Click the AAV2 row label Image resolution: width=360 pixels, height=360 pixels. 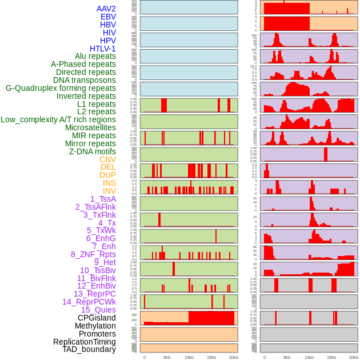point(106,9)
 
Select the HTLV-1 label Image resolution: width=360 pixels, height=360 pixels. point(103,49)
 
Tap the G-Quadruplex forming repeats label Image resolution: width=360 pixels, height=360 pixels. point(61,88)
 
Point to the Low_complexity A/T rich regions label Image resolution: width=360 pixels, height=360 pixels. point(58,119)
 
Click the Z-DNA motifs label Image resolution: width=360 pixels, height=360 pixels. point(93,151)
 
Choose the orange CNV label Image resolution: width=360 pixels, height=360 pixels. point(107,159)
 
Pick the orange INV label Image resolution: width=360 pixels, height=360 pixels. point(109,191)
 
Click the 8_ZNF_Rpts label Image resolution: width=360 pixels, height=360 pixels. point(93,254)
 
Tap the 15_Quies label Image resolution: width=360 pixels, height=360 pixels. point(98,310)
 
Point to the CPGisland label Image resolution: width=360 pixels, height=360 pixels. point(97,318)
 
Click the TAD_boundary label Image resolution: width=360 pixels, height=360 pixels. point(89,349)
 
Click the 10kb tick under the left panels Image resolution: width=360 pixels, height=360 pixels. point(189,357)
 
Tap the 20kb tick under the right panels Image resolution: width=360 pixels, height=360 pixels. point(354,357)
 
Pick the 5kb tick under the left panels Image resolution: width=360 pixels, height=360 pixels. point(167,357)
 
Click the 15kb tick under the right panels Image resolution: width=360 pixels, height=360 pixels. point(331,357)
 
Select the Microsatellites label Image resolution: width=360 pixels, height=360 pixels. point(90,127)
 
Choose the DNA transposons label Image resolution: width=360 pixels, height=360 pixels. point(85,80)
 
